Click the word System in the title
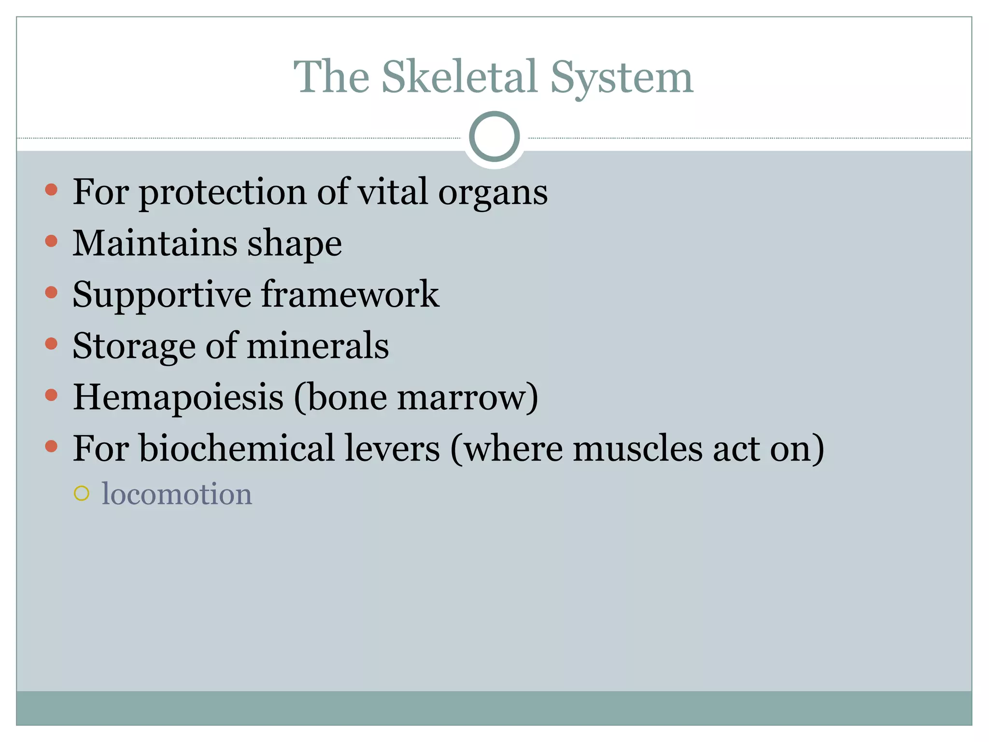(x=622, y=77)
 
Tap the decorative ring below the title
(x=494, y=137)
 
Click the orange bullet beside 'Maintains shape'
(x=51, y=241)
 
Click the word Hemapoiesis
(x=178, y=397)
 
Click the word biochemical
(x=237, y=448)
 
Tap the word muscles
(x=637, y=449)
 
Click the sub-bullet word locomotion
(x=177, y=494)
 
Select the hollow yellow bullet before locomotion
(x=82, y=493)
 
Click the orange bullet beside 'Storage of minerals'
(x=51, y=343)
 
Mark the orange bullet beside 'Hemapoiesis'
(x=51, y=395)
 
